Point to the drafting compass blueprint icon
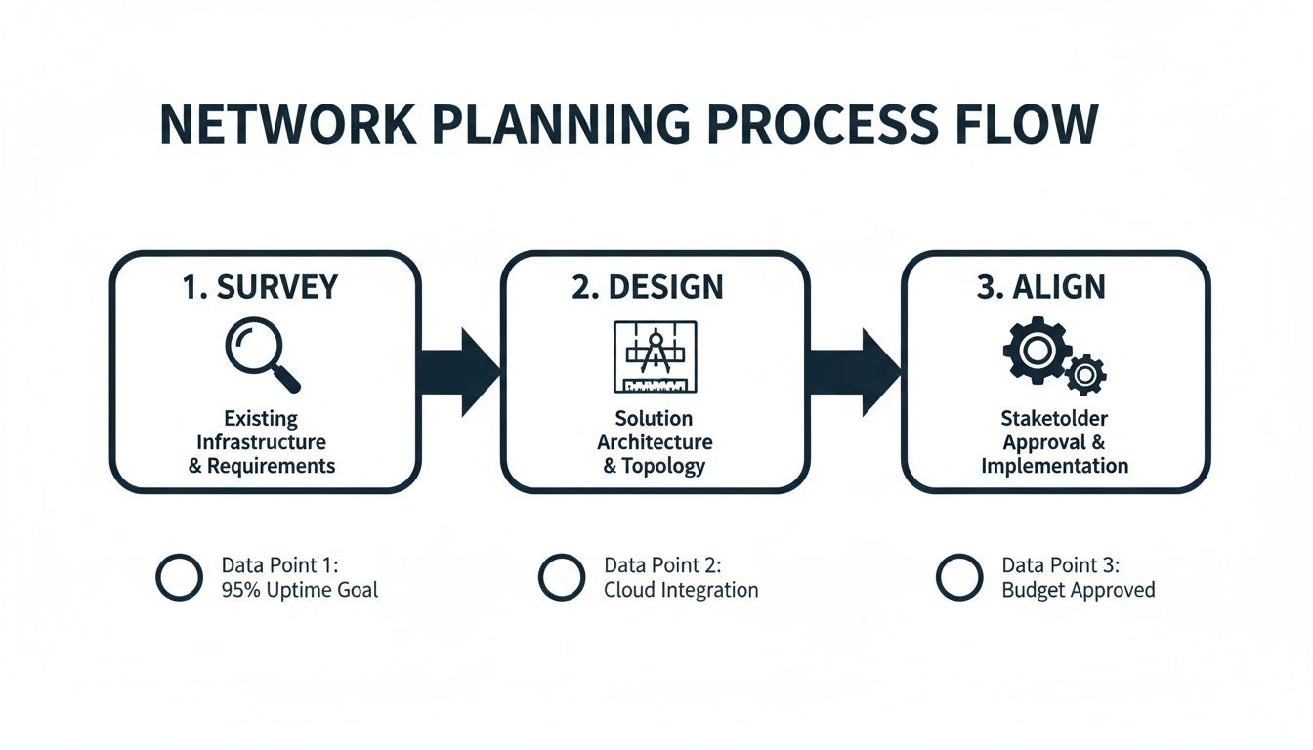655,354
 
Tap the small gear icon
1085,374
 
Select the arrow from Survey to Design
460,371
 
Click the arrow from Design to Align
855,371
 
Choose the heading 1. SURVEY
260,287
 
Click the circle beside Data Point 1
179,577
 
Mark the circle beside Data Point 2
561,577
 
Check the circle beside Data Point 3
958,577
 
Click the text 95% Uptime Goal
300,590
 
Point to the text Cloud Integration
681,590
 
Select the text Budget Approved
1079,590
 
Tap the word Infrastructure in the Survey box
261,442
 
